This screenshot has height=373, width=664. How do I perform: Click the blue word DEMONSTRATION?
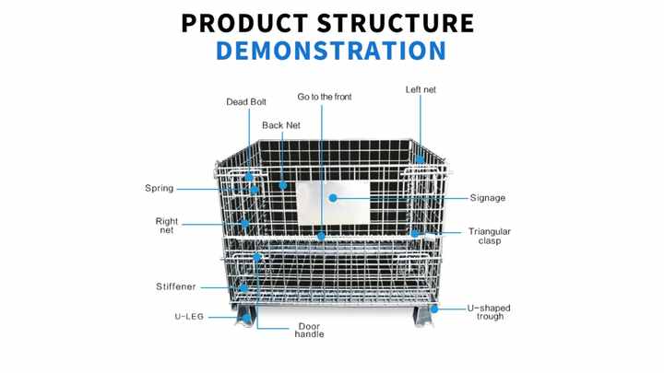click(x=330, y=50)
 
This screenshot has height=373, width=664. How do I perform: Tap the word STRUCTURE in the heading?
click(x=398, y=22)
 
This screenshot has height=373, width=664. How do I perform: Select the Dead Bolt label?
click(x=246, y=102)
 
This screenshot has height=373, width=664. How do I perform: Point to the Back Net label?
click(x=280, y=125)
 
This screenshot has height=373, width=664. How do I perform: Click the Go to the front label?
click(x=324, y=97)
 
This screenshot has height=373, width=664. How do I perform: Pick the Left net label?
click(x=421, y=89)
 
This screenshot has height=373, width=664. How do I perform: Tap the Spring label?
click(x=159, y=189)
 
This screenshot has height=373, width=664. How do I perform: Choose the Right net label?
click(x=166, y=226)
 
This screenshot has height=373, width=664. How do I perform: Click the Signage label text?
click(x=487, y=198)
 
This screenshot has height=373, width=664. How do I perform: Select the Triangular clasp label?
click(x=489, y=237)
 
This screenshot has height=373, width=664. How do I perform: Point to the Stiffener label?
click(x=175, y=287)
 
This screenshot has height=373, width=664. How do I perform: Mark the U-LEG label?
click(x=189, y=316)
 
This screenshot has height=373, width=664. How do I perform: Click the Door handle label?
click(x=309, y=330)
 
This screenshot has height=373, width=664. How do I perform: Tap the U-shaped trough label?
click(x=488, y=312)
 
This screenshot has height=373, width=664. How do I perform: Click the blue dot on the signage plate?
click(x=333, y=198)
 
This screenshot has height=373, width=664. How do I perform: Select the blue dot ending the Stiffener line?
click(x=243, y=287)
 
